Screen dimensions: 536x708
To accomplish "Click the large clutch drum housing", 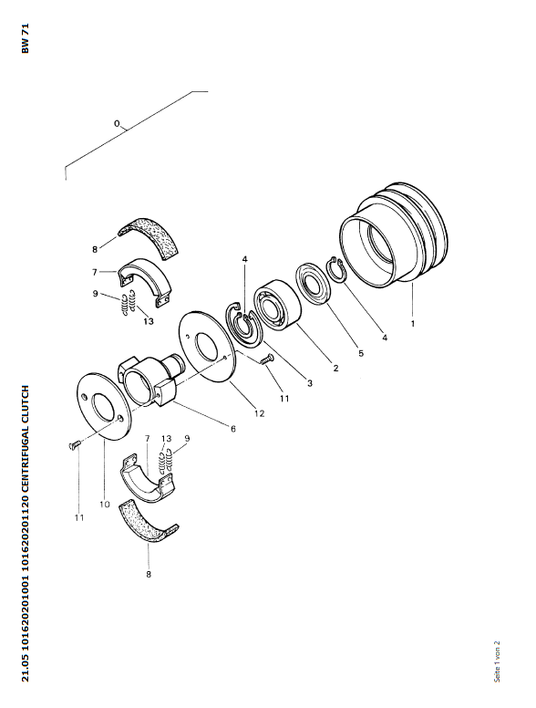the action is [x=394, y=234].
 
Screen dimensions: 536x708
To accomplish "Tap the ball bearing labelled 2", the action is [x=277, y=305].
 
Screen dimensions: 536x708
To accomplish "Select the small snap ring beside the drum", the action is [x=335, y=269].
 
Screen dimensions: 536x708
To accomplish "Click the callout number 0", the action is [x=117, y=123].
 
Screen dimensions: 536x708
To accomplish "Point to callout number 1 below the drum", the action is [x=412, y=323].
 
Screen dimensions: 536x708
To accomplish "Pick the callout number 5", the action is [x=361, y=353].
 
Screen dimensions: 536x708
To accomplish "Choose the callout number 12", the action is [x=259, y=413].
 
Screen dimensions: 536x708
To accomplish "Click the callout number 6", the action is [x=232, y=429].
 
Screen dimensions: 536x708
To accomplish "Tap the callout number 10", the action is [x=104, y=504].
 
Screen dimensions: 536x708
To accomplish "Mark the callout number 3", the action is [x=310, y=383].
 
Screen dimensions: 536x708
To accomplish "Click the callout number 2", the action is [x=335, y=368].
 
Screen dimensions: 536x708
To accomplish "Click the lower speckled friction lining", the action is [x=148, y=521].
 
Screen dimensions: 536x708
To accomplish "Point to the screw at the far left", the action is [x=75, y=445].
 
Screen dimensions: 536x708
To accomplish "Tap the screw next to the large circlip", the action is [x=267, y=359].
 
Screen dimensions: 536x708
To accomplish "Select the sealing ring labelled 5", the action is [x=313, y=283].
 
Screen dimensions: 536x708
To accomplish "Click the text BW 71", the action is [x=25, y=38].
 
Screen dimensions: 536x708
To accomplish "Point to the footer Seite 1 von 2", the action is [x=497, y=661].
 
